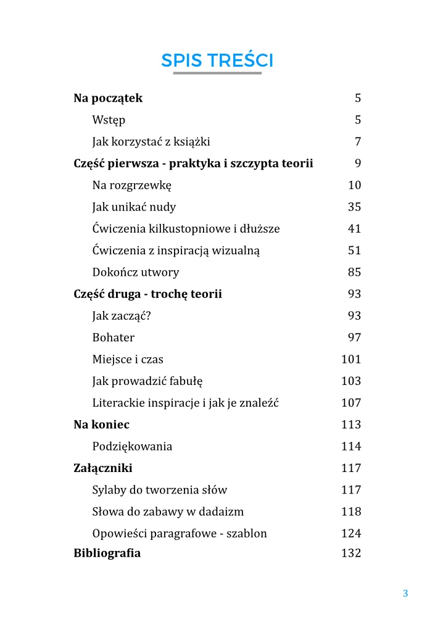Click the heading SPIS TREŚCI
[x=217, y=60]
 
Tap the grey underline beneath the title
[x=217, y=73]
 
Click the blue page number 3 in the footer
[x=405, y=594]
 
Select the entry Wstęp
[x=109, y=120]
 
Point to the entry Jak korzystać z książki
[x=151, y=142]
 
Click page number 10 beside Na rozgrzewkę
[x=354, y=185]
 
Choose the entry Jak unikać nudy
[x=134, y=207]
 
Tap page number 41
[x=354, y=229]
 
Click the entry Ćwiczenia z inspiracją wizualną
[x=176, y=251]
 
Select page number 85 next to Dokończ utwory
[x=354, y=272]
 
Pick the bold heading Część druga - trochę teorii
[x=147, y=294]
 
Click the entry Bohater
[x=113, y=337]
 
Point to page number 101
[x=351, y=359]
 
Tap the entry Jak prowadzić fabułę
[x=147, y=381]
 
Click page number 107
[x=351, y=403]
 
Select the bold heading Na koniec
[x=101, y=424]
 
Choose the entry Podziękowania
[x=132, y=447]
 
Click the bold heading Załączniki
[x=102, y=468]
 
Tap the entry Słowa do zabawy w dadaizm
[x=168, y=511]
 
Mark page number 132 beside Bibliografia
[x=351, y=553]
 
